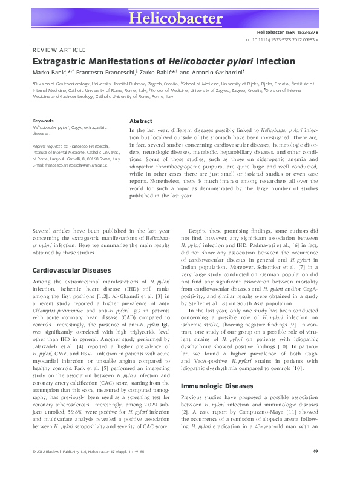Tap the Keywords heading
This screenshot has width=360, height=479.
[44, 121]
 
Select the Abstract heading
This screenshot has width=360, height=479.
[141, 121]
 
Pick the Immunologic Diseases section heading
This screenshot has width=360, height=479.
[217, 368]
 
